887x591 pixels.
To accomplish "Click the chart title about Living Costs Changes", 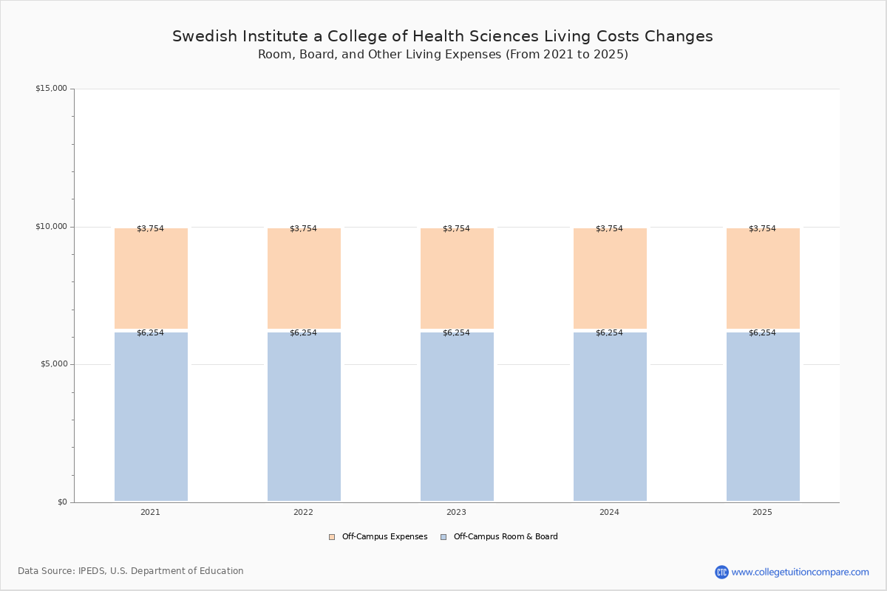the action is (x=442, y=36).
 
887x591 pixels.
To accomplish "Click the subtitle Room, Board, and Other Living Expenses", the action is (x=443, y=54).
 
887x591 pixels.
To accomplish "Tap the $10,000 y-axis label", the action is (x=52, y=226).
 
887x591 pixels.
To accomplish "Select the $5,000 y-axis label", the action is (x=54, y=363).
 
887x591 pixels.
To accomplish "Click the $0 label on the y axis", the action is (x=63, y=502).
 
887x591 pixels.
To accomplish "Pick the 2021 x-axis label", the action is (x=151, y=512).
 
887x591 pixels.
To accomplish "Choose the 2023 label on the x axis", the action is (x=456, y=512).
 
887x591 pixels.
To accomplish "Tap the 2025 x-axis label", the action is (x=762, y=512).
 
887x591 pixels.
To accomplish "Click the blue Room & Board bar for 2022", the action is (x=304, y=417).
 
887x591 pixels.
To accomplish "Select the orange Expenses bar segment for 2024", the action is (x=610, y=279).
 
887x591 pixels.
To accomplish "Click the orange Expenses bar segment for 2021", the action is (x=151, y=279).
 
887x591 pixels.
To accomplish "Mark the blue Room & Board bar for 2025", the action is (x=763, y=417).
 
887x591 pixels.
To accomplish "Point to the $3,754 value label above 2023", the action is (x=456, y=228).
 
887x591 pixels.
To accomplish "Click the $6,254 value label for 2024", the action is (x=609, y=332).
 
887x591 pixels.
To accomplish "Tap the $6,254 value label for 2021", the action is (x=151, y=332).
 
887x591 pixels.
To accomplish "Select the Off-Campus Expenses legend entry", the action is (x=378, y=536).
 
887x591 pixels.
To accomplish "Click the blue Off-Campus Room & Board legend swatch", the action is (x=443, y=537).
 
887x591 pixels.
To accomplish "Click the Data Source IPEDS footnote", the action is (x=131, y=571).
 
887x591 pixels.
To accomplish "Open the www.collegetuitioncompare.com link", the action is (x=800, y=572).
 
